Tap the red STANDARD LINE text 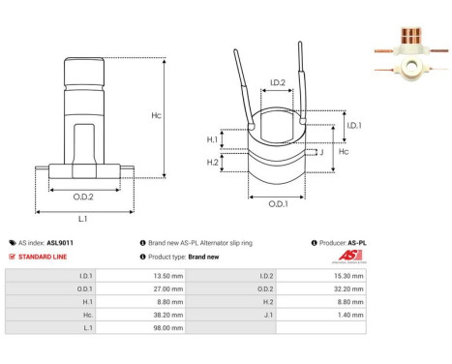click(46, 257)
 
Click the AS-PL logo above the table click(346, 256)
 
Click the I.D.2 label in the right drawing click(277, 82)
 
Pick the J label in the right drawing click(320, 151)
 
